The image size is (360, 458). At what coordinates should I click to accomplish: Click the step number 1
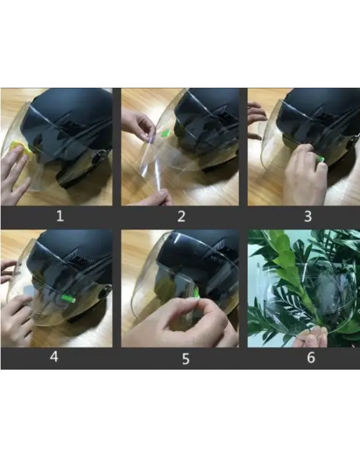pos(60,216)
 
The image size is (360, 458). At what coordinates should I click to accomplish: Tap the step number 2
pos(181,217)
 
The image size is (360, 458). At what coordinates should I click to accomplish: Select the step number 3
pos(308,217)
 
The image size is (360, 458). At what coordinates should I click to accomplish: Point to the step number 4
pos(54,357)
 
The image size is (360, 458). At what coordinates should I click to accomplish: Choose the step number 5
pos(186,359)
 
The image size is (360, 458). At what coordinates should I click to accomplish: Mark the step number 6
pos(311,357)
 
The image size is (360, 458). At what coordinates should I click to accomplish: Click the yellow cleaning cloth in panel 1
pos(21,150)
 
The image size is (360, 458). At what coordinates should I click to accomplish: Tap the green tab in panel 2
pos(166,133)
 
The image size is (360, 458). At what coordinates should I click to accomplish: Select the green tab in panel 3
pos(321,159)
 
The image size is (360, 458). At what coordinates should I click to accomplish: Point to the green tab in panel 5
pos(196,293)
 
